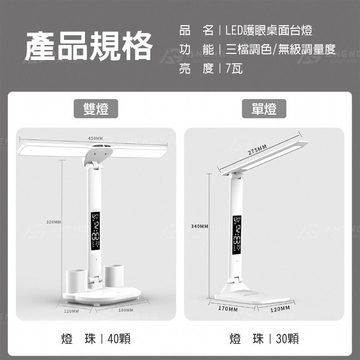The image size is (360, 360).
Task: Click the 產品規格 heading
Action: tap(89, 46)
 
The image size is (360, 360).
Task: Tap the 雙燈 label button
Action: tap(96, 109)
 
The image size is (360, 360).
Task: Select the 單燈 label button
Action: tap(264, 109)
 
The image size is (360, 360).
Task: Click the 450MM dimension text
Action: tap(95, 139)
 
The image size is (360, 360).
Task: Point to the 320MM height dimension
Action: tap(54, 222)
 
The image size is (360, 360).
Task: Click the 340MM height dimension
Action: tap(199, 226)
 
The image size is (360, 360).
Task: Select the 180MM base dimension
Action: tap(125, 310)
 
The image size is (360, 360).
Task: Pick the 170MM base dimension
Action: tap(228, 309)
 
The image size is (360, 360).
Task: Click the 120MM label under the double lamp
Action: tap(71, 311)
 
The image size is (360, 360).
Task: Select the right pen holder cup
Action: tap(114, 276)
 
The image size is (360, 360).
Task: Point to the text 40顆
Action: tap(119, 339)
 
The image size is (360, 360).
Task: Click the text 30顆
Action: tap(287, 339)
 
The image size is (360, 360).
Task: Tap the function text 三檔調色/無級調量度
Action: tap(280, 49)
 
